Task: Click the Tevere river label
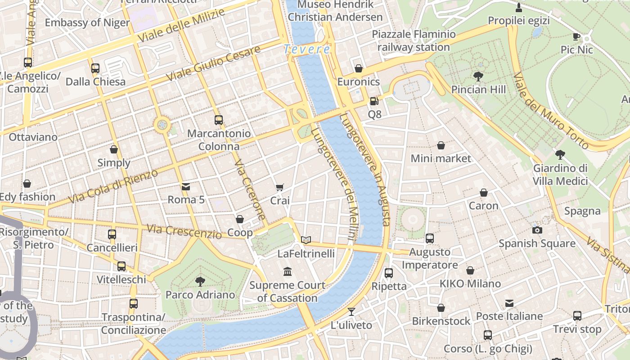point(307,49)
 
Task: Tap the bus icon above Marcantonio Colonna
point(219,120)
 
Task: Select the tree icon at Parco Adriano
point(200,282)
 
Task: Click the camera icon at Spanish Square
point(537,230)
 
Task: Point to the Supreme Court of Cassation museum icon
point(288,272)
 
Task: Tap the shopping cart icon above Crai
point(280,187)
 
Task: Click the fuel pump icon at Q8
point(374,101)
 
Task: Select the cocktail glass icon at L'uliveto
point(351,312)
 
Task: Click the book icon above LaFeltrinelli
point(306,240)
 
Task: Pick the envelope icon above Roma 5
point(186,186)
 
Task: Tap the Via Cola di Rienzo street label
point(113,186)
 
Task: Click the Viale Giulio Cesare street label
point(213,63)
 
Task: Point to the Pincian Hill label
point(478,90)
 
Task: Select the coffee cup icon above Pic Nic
point(576,36)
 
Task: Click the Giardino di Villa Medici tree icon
point(560,155)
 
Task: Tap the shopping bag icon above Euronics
point(359,68)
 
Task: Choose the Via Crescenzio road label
point(184,231)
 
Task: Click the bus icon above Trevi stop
point(577,316)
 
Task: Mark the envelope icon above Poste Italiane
point(509,303)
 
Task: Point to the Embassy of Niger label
point(87,23)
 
